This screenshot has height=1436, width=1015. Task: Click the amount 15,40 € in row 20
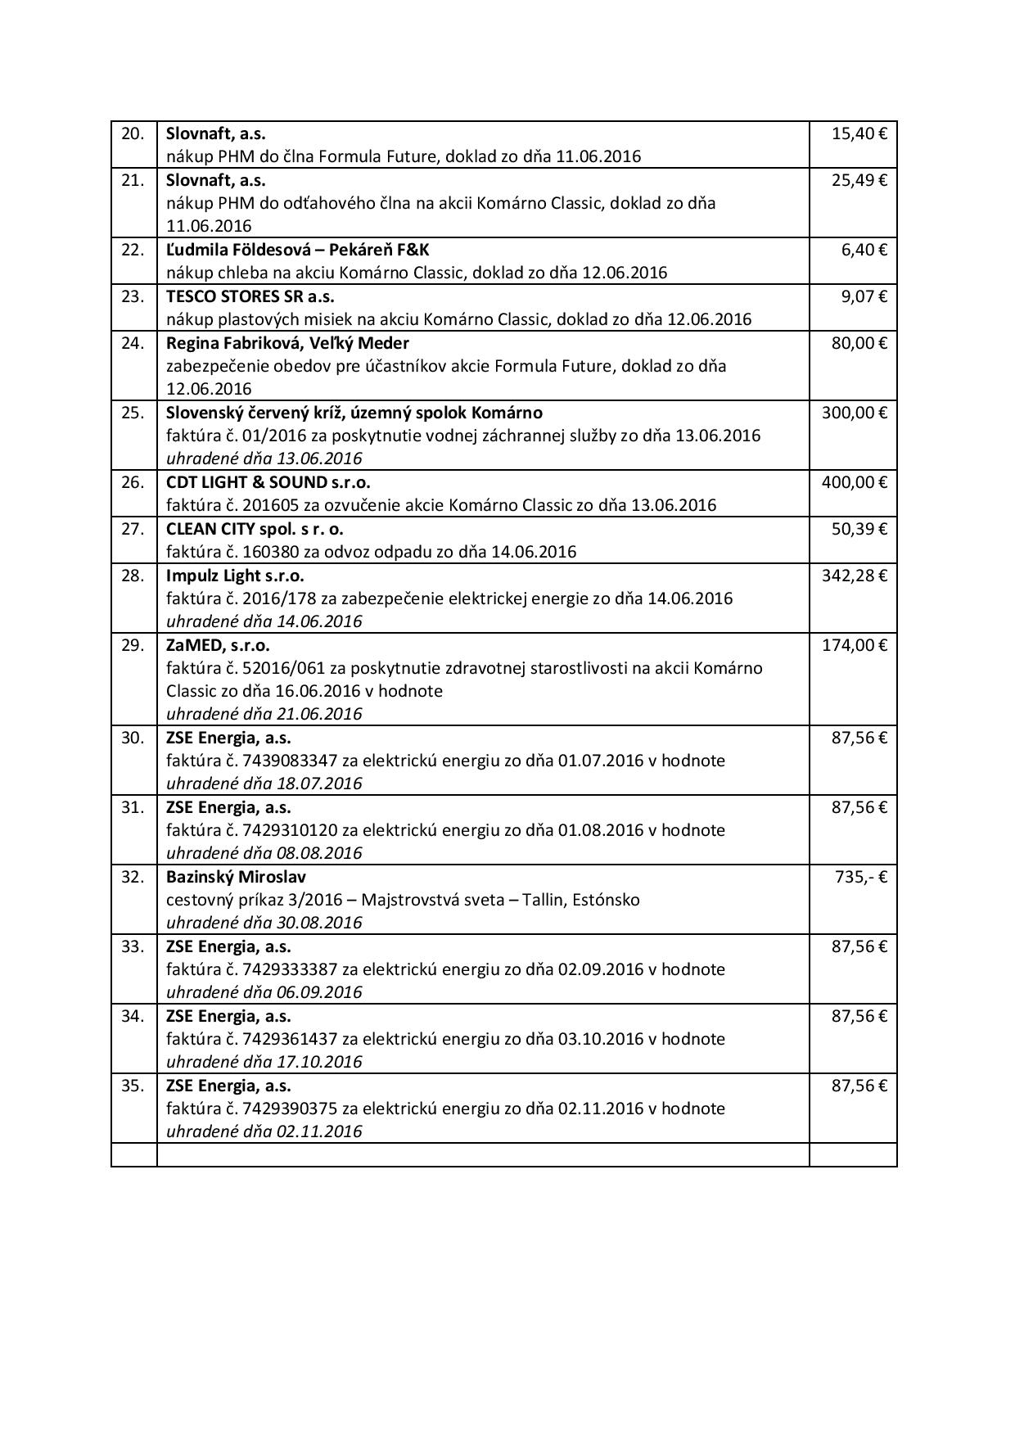[x=859, y=133]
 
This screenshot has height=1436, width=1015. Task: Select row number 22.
[x=133, y=250]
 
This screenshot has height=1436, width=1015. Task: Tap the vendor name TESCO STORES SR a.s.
[x=250, y=296]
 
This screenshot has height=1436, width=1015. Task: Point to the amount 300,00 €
[x=854, y=413]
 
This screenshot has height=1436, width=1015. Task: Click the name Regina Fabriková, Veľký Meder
[x=287, y=343]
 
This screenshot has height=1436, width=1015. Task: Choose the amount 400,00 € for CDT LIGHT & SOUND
[x=854, y=482]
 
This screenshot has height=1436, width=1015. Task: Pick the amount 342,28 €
[x=854, y=576]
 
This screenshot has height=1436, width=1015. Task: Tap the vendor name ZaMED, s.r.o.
[x=218, y=645]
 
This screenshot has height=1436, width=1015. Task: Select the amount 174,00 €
[x=854, y=645]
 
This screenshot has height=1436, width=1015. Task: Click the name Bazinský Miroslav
[x=236, y=877]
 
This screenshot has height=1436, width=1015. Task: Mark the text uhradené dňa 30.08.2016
[x=264, y=923]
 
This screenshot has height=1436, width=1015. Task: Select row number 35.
[x=133, y=1086]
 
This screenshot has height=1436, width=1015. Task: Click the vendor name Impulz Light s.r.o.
[x=234, y=576]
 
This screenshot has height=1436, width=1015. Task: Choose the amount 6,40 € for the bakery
[x=864, y=250]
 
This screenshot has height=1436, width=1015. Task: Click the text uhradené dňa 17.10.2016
[x=264, y=1062]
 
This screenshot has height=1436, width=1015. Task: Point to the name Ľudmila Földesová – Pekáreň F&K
[x=297, y=250]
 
